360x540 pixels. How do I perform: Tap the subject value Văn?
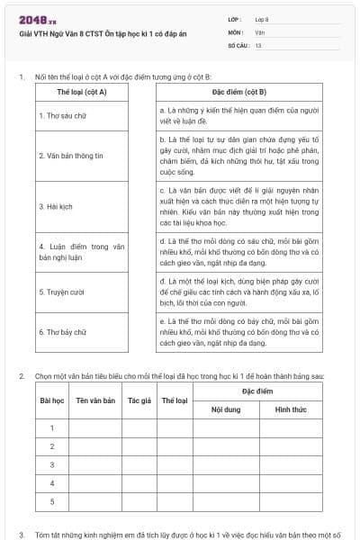[x=259, y=31]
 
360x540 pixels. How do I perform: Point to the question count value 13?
[x=258, y=44]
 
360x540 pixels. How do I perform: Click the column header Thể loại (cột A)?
[x=82, y=93]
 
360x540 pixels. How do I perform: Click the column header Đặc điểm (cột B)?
[x=238, y=93]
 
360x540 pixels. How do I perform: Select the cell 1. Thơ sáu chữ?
[x=62, y=115]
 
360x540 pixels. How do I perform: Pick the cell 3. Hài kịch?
[x=55, y=206]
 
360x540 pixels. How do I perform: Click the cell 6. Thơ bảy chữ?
[x=62, y=331]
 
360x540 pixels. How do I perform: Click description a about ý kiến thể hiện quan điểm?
[x=238, y=114]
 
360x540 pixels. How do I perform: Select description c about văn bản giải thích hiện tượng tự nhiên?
[x=238, y=206]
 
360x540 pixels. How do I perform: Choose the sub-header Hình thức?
[x=291, y=409]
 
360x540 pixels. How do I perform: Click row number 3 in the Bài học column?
[x=51, y=464]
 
